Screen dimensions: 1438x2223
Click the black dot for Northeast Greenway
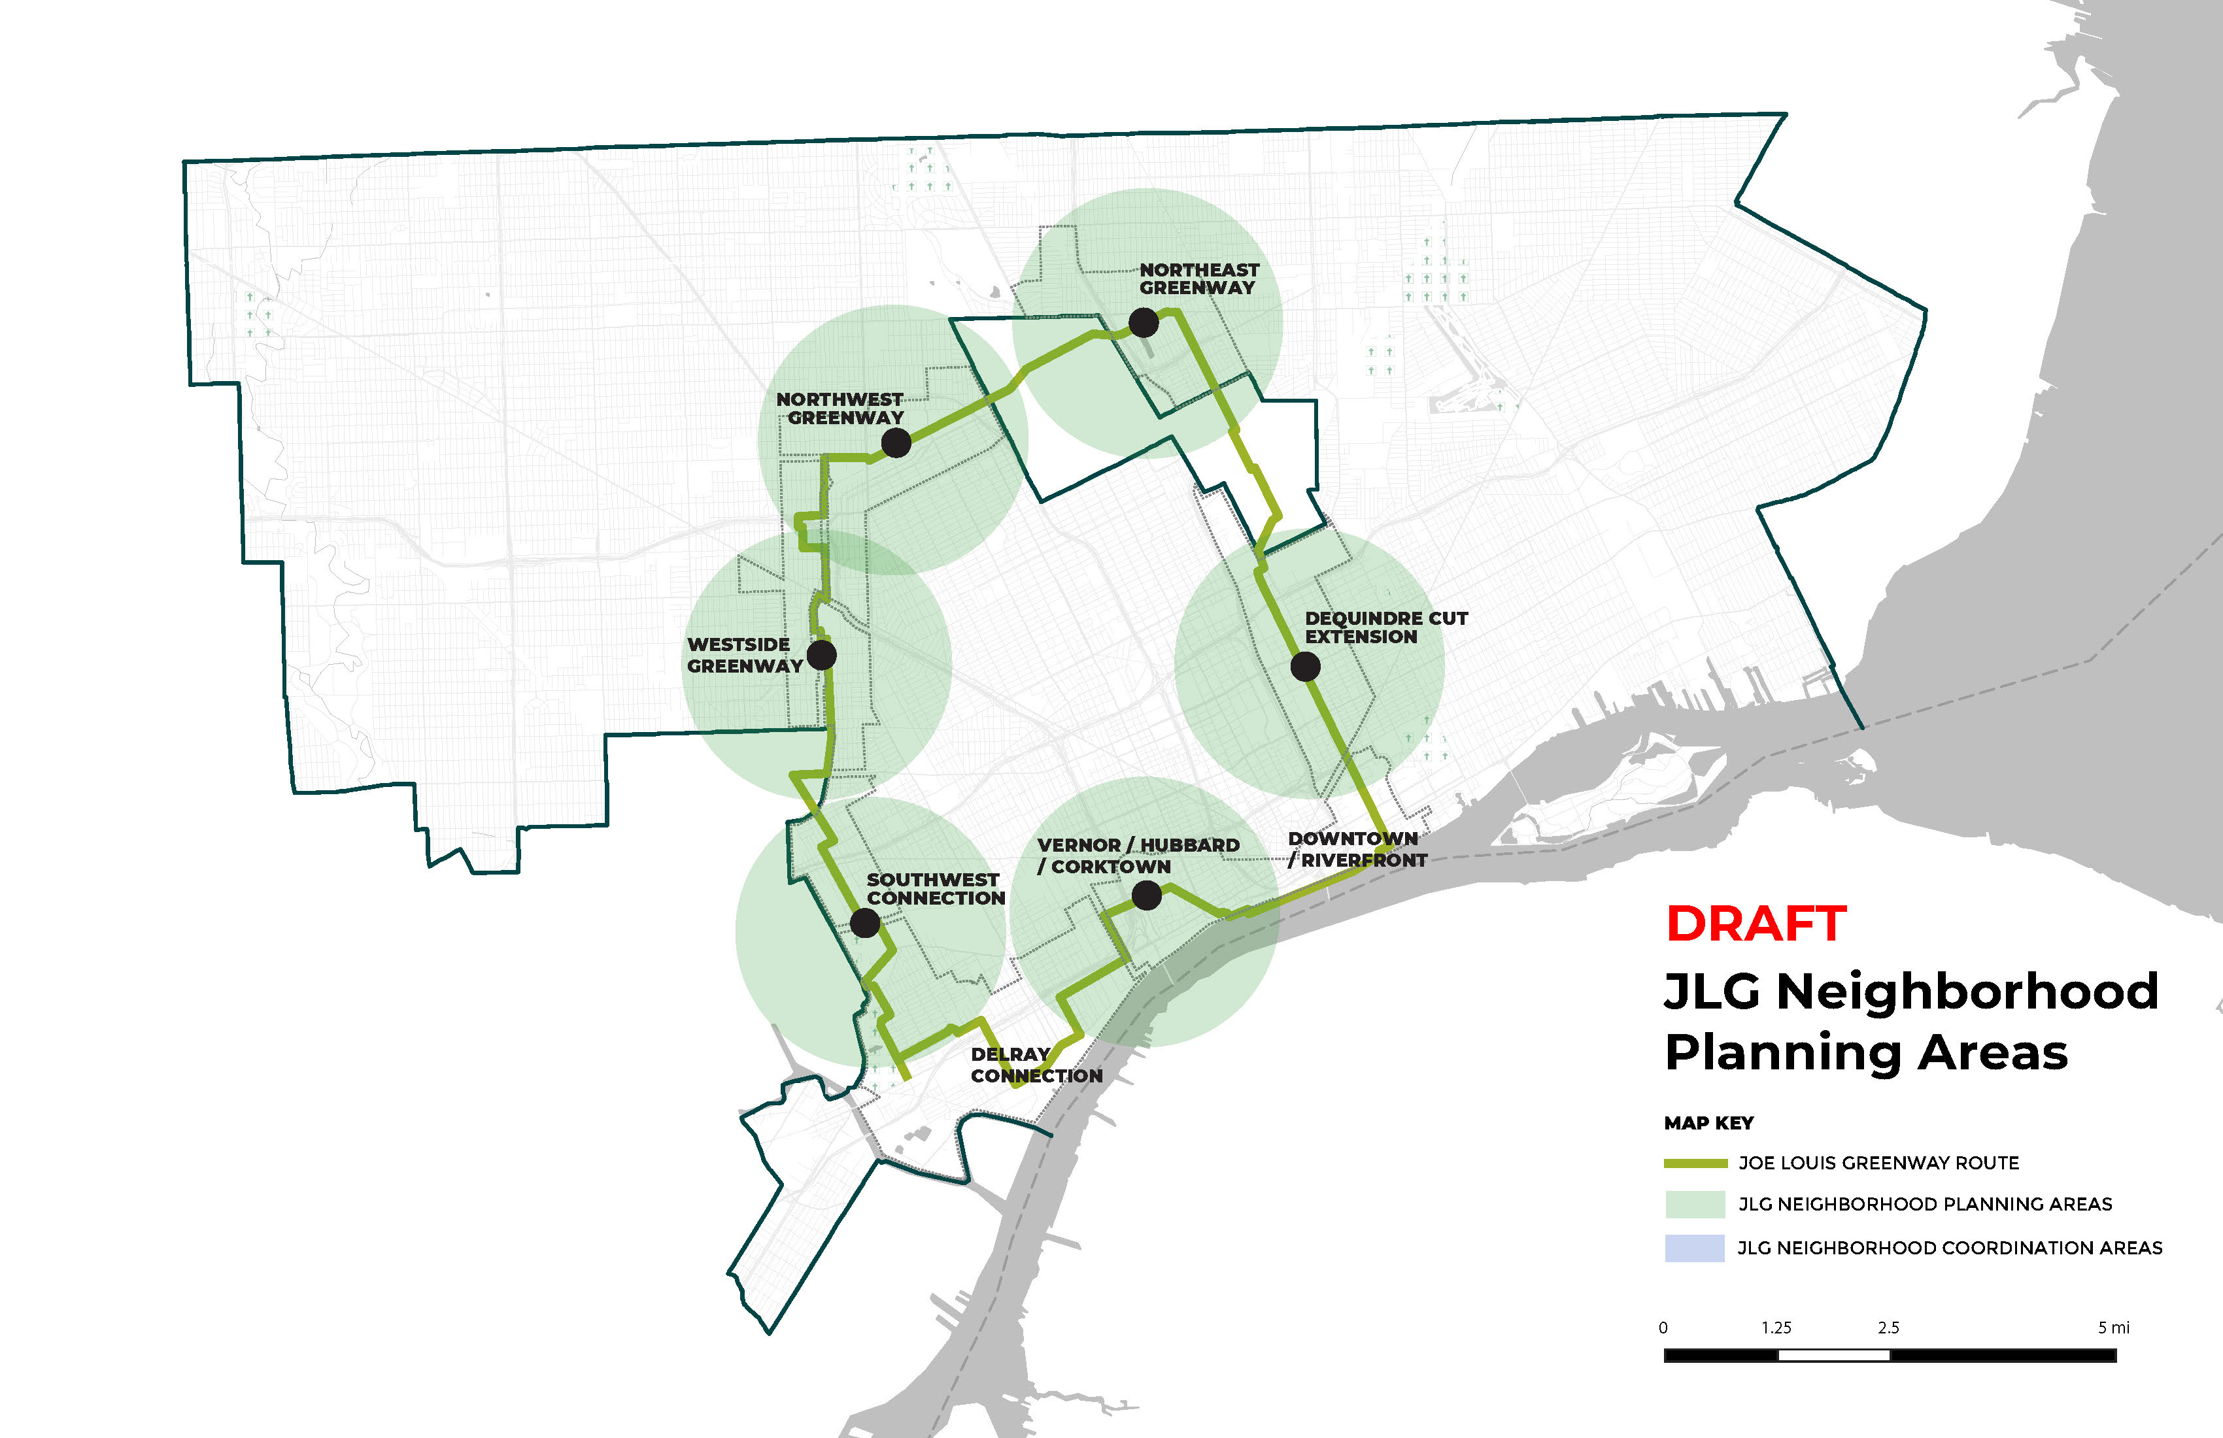click(x=1144, y=323)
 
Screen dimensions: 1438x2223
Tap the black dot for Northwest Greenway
click(x=896, y=443)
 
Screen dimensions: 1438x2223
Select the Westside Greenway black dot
click(x=821, y=654)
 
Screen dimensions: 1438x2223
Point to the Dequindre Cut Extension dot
click(x=1305, y=666)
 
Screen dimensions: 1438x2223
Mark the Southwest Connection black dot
click(x=865, y=924)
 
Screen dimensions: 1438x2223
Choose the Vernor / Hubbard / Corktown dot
click(x=1146, y=895)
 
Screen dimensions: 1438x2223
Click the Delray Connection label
click(x=1036, y=1065)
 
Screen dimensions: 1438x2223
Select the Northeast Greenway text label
click(x=1198, y=278)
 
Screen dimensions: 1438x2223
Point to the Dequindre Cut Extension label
click(x=1385, y=627)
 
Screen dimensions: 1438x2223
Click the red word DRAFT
click(x=1756, y=924)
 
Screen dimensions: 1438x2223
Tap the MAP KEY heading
click(x=1708, y=1124)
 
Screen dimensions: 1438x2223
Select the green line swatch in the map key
click(x=1695, y=1163)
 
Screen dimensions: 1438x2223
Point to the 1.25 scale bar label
click(x=1776, y=1328)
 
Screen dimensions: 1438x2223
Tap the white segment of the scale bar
click(x=1833, y=1356)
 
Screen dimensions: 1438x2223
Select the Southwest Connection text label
click(x=935, y=889)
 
